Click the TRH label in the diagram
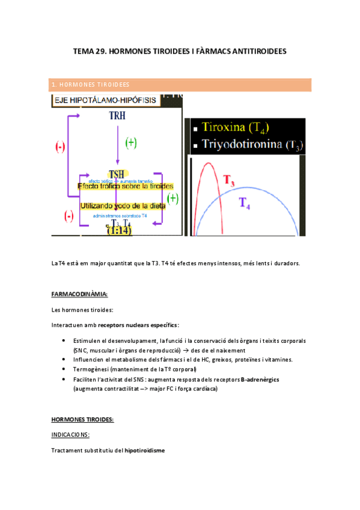pos(118,114)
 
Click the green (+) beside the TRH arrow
pos(131,143)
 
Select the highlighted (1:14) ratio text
pos(119,230)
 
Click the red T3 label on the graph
pos(230,180)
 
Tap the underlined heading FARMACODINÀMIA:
pos(80,294)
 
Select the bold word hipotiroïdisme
pos(144,450)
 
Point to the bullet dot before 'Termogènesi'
pos(64,369)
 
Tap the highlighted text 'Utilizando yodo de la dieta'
pos(123,206)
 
